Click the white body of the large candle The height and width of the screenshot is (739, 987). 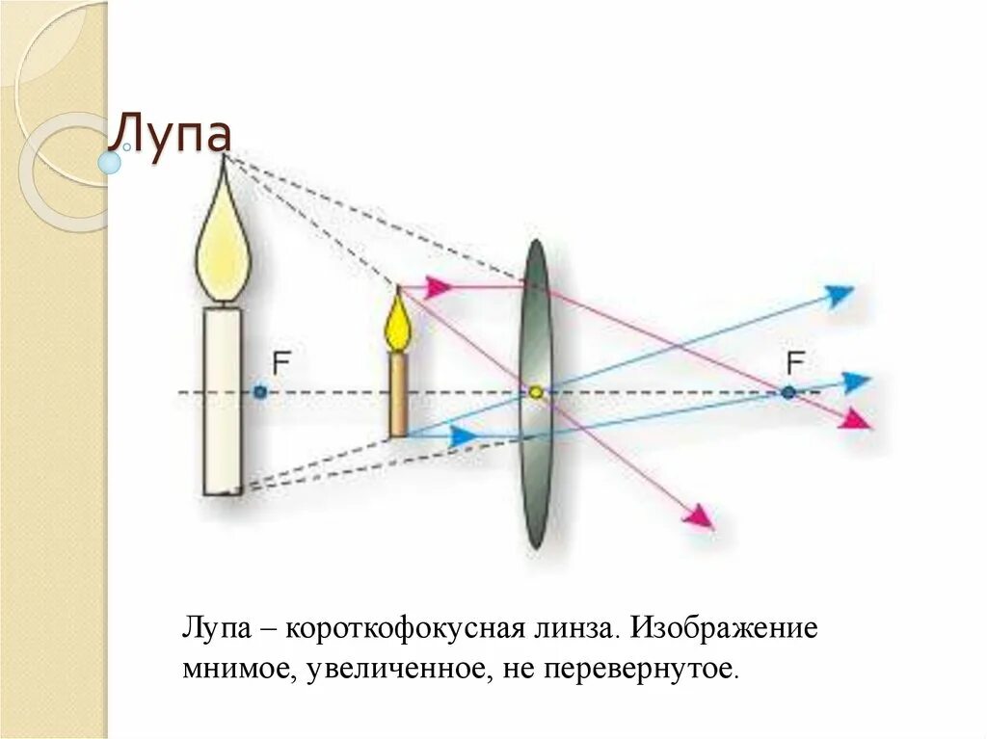pos(223,400)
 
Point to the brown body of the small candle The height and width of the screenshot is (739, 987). pos(397,394)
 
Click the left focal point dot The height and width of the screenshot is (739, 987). pos(259,392)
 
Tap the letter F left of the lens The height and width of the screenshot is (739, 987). pos(281,363)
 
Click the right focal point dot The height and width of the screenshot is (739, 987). pos(788,392)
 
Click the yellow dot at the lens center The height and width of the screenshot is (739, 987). pos(535,392)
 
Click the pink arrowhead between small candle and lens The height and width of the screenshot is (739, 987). pos(439,286)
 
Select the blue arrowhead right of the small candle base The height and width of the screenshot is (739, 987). pos(464,436)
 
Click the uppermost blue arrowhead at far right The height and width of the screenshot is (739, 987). pos(840,294)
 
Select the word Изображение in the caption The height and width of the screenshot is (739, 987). pos(724,628)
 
